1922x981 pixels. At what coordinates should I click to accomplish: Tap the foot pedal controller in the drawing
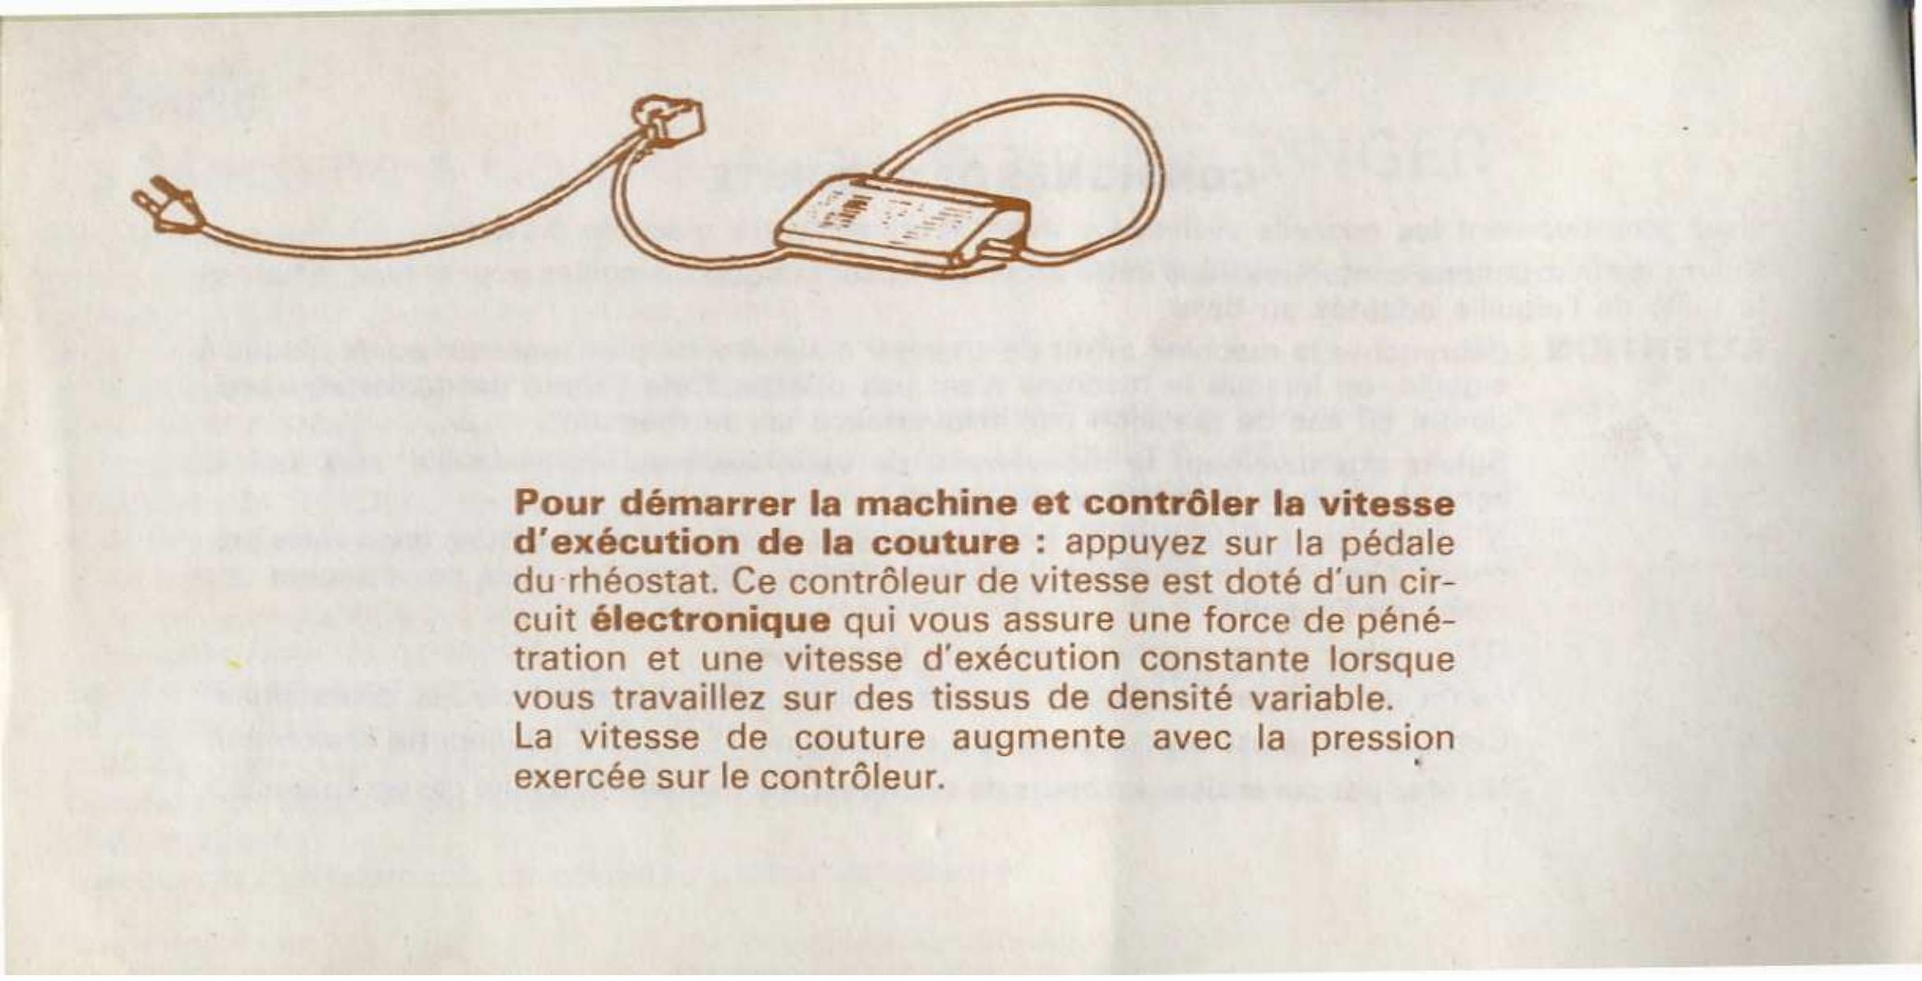(900, 219)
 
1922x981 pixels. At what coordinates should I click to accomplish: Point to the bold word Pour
(559, 503)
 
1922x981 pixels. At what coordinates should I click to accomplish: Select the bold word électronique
(710, 620)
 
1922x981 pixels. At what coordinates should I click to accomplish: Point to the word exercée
(578, 776)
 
